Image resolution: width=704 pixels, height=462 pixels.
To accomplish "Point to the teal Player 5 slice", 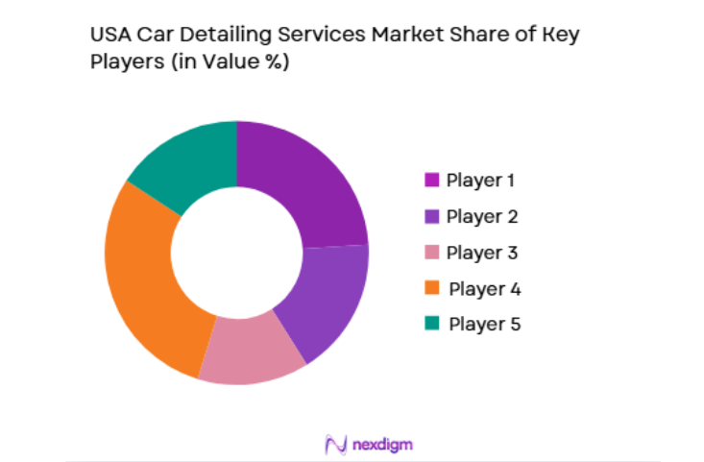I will pyautogui.click(x=187, y=158).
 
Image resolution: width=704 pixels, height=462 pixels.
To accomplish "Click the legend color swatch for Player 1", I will pyautogui.click(x=431, y=180).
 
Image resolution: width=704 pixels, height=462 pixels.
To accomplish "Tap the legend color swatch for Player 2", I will pyautogui.click(x=431, y=216).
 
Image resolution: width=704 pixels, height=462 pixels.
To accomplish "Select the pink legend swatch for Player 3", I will pyautogui.click(x=431, y=253).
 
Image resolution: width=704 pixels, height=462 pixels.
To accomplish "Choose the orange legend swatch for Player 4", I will pyautogui.click(x=431, y=288).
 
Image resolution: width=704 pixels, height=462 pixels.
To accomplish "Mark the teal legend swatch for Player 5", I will pyautogui.click(x=431, y=325).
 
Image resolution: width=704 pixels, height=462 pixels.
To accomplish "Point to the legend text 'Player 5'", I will pyautogui.click(x=484, y=325).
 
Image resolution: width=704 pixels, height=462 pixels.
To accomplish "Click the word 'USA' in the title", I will pyautogui.click(x=109, y=36).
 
